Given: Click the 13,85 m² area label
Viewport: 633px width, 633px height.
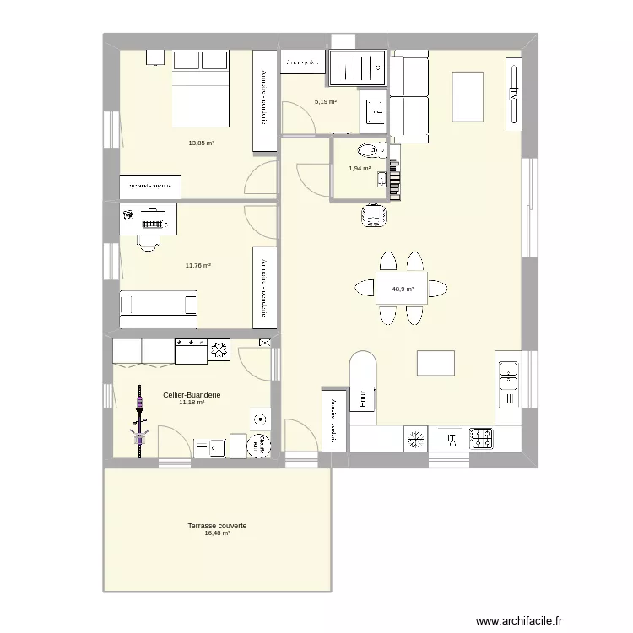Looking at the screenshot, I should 201,143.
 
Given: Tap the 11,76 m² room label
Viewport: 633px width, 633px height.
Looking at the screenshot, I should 197,265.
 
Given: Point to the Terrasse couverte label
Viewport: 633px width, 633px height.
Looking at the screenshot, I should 217,525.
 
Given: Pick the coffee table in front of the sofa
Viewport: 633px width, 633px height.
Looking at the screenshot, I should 468,96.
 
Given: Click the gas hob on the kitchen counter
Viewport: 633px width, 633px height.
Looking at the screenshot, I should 482,438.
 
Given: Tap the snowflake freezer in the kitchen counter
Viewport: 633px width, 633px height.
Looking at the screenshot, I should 415,438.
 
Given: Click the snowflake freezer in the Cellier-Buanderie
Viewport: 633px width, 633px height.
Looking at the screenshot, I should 219,350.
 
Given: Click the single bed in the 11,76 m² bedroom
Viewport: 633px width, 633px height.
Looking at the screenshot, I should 159,309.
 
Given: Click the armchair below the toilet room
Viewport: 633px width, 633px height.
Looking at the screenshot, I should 374,215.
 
